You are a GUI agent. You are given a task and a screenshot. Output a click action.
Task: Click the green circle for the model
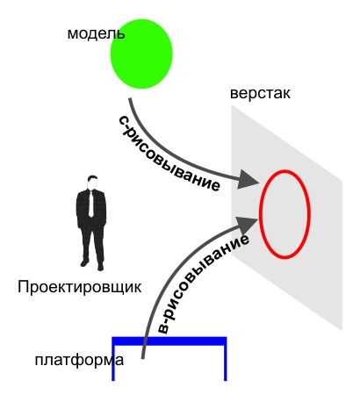(x=141, y=54)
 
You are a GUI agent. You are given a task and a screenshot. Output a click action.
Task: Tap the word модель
(x=96, y=33)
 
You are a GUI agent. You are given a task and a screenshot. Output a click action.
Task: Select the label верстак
(x=260, y=94)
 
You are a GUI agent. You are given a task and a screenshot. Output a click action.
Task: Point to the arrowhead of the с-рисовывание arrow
(x=248, y=180)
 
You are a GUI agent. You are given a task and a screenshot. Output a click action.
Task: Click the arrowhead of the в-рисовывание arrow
(x=248, y=225)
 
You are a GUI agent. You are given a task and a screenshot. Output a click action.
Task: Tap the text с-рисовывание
(x=169, y=154)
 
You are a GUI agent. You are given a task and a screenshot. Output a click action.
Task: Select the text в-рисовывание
(x=203, y=283)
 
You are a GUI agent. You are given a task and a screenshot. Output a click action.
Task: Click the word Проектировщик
(x=80, y=287)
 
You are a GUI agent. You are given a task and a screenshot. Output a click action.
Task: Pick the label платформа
(x=79, y=360)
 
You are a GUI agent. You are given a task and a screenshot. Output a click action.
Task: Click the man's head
(x=92, y=183)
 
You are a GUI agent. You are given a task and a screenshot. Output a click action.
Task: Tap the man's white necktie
(x=91, y=204)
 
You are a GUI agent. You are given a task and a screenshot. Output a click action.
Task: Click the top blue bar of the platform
(x=169, y=341)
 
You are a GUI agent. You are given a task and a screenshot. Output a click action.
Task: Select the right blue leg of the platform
(x=226, y=362)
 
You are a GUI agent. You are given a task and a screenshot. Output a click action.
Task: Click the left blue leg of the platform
(x=113, y=362)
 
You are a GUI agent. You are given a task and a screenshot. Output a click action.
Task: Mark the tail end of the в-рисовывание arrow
(x=143, y=358)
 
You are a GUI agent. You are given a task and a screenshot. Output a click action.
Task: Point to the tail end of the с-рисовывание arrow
(x=130, y=99)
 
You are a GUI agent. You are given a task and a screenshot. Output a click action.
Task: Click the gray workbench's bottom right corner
(x=342, y=331)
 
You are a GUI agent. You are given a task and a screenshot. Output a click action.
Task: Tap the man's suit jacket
(x=91, y=209)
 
